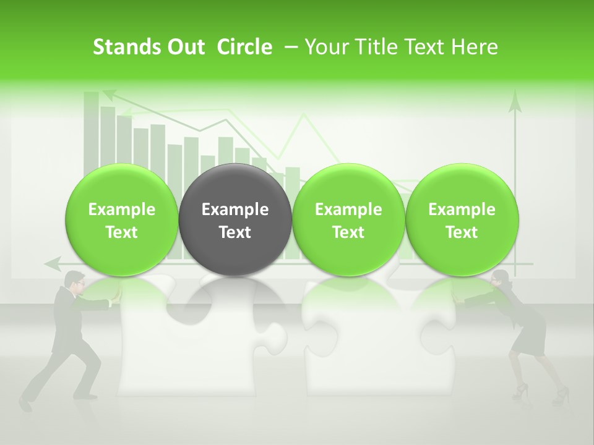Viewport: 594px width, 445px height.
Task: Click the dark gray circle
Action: click(x=235, y=220)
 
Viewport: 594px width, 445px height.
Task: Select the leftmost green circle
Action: click(x=122, y=220)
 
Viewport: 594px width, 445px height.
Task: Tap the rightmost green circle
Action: click(x=462, y=220)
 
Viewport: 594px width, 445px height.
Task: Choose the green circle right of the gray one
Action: click(x=348, y=220)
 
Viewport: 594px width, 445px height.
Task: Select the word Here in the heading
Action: click(x=475, y=47)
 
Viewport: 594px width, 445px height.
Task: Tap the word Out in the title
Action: click(x=184, y=47)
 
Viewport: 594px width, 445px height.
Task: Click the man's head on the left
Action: click(x=76, y=281)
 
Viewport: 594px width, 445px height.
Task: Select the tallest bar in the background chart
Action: click(x=92, y=130)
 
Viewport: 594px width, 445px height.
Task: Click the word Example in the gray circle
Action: click(x=235, y=210)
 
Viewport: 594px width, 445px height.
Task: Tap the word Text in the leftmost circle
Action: click(x=122, y=232)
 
